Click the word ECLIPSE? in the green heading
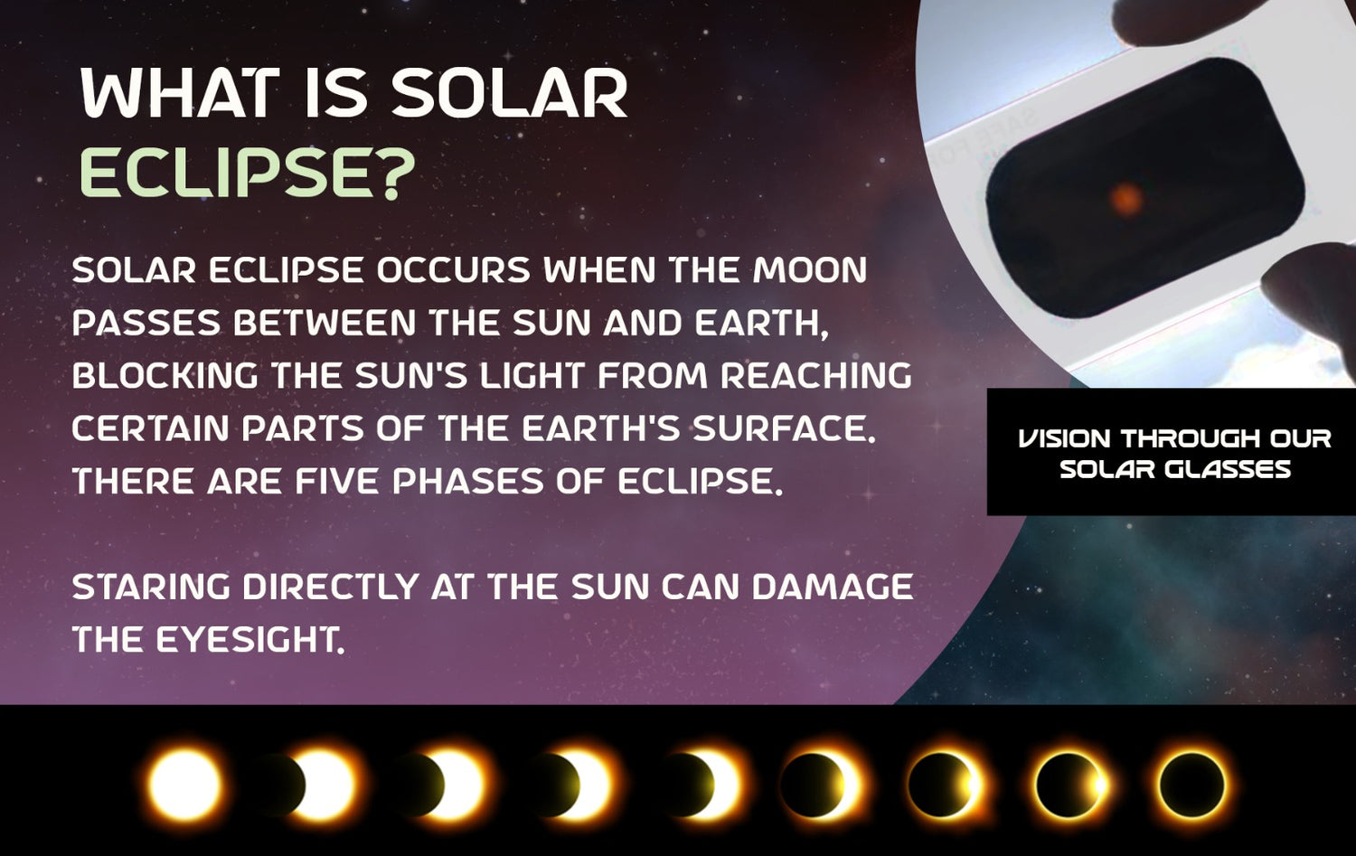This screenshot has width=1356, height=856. [x=247, y=173]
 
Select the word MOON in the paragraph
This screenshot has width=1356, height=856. [x=809, y=270]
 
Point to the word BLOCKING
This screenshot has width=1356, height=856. [x=165, y=375]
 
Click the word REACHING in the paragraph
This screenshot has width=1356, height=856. [x=816, y=375]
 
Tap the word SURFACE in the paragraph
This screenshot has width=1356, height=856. [x=784, y=428]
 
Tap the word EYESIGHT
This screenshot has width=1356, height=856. [x=250, y=639]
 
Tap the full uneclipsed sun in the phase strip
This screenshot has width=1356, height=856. [x=185, y=785]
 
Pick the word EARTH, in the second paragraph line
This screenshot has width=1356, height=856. [x=760, y=324]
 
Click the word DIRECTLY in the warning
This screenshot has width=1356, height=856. [x=331, y=586]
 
